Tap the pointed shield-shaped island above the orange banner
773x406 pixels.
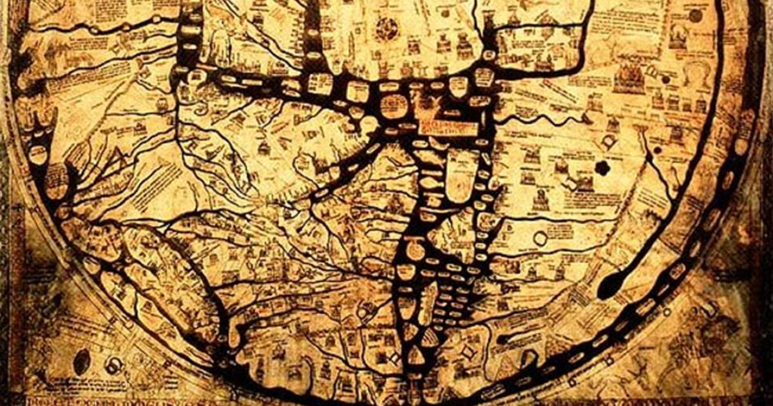coord(457,86)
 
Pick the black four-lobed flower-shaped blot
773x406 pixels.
coord(602,168)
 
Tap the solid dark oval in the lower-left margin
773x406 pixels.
coord(82,361)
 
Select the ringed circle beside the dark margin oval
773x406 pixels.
coord(114,365)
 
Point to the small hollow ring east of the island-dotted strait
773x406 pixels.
coord(540,239)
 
